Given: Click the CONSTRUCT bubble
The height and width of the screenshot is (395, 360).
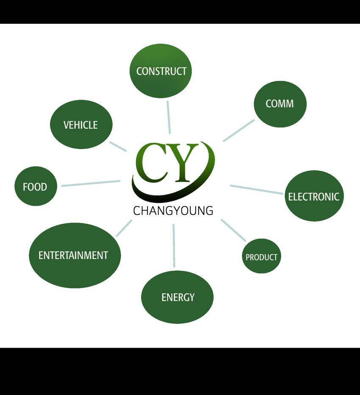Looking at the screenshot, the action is click(161, 71).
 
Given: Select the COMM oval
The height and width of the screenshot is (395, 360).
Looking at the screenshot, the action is click(280, 104).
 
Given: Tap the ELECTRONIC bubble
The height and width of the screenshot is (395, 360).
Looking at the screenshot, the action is click(314, 196).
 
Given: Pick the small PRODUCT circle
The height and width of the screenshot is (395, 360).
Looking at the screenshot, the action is click(261, 256).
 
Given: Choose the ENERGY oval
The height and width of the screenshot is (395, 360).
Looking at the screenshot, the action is click(177, 297).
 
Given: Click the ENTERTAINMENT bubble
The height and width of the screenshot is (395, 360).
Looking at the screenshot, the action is click(75, 255).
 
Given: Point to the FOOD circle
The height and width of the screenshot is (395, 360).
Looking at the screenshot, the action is click(36, 186).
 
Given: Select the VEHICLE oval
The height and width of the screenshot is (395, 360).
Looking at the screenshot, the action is click(81, 125).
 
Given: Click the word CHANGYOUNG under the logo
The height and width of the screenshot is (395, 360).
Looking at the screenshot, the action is click(173, 211).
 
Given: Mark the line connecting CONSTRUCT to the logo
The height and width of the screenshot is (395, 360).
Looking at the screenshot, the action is click(169, 117).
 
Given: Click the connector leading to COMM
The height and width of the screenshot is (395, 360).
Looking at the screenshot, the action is click(238, 131).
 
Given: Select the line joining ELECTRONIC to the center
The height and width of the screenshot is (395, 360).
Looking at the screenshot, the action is click(257, 189).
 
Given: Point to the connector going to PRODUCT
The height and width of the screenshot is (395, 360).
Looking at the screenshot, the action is click(233, 230).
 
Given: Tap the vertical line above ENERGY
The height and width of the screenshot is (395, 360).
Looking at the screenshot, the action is click(174, 245).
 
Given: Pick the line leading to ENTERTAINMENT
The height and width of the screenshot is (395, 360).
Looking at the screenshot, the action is click(124, 228).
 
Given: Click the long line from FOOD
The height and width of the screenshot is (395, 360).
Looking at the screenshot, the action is click(91, 183).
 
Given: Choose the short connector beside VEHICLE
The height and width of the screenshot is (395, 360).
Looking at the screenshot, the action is click(118, 146).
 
